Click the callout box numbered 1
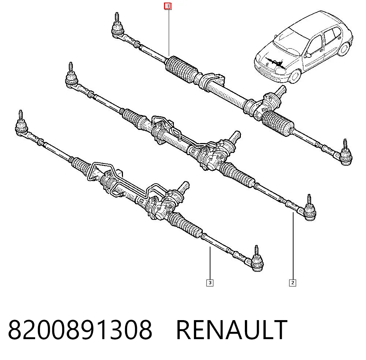[x=168, y=6]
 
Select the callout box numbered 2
[x=292, y=283]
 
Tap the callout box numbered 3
[x=210, y=283]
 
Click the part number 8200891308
[x=80, y=330]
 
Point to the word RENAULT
[x=232, y=330]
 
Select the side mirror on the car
[x=308, y=56]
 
